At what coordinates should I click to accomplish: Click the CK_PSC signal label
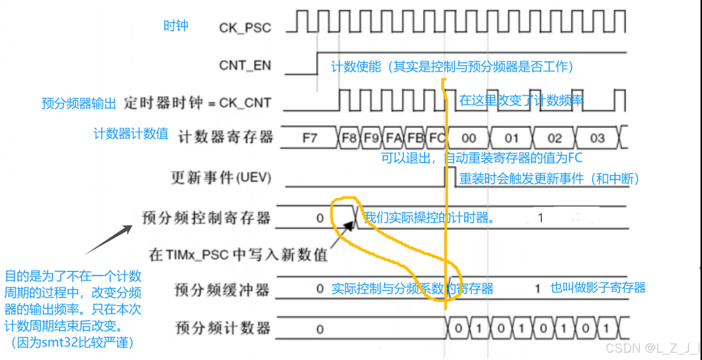coord(245,28)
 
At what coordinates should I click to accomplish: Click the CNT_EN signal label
coord(245,66)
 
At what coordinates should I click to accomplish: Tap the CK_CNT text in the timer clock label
coord(245,103)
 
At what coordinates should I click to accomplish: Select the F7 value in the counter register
coord(309,138)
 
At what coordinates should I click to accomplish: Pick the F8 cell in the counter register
coord(349,138)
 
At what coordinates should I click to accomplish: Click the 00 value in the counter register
coord(468,138)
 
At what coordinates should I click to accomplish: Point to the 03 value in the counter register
coord(597,138)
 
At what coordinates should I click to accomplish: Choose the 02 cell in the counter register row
coord(554,138)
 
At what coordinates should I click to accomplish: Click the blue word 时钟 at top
coord(176,26)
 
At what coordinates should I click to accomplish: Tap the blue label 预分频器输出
coord(79,103)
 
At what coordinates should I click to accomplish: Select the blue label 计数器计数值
coord(131,133)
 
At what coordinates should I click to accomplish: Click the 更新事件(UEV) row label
coord(221,178)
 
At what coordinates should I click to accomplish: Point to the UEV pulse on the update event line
coord(450,176)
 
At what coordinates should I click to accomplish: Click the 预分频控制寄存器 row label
coord(206,218)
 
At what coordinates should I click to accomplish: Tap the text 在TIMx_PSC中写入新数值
coord(238,255)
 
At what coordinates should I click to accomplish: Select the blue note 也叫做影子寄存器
coord(598,287)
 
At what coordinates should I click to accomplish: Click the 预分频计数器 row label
coord(223,328)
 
